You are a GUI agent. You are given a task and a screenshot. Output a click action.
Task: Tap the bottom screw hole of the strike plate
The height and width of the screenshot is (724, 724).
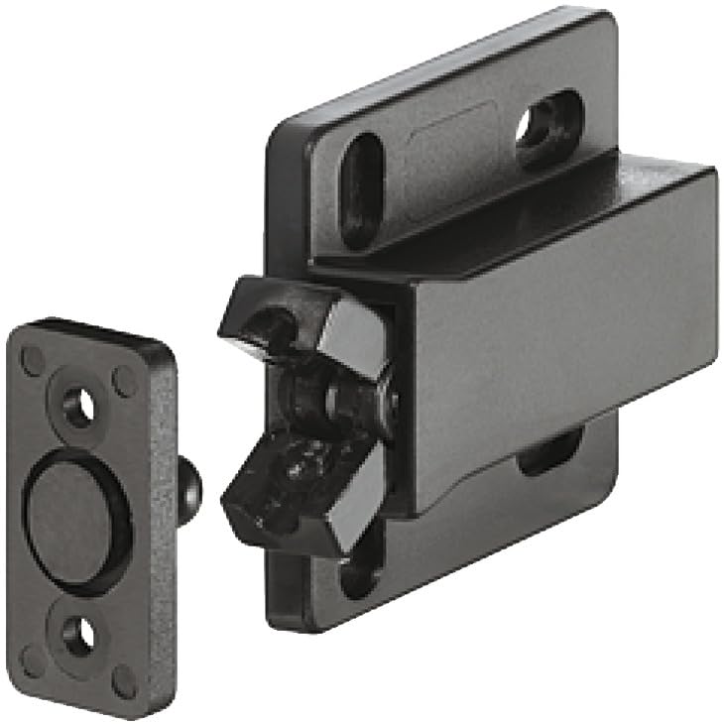pyautogui.click(x=76, y=634)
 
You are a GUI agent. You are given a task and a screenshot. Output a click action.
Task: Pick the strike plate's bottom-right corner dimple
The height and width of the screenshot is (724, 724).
pyautogui.click(x=123, y=681)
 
